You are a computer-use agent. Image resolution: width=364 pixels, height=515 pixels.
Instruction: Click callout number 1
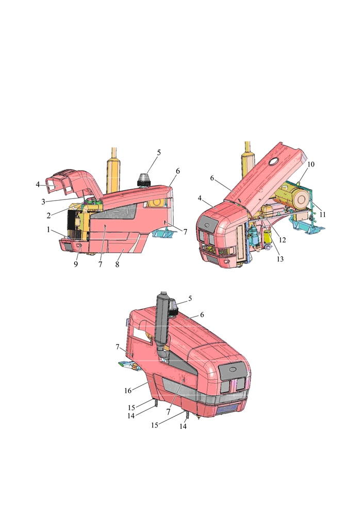[48, 229]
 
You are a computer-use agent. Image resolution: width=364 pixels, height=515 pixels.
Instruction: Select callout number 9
[76, 264]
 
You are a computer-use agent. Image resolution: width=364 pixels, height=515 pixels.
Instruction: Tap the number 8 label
[117, 264]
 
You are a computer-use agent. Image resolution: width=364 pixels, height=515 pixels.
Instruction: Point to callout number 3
[43, 202]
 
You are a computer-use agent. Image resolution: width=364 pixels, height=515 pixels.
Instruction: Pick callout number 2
[48, 216]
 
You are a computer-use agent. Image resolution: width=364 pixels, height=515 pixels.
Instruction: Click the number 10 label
[310, 164]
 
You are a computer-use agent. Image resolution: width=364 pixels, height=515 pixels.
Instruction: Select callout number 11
[323, 214]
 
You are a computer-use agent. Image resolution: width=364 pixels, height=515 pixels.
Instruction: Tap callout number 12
[282, 240]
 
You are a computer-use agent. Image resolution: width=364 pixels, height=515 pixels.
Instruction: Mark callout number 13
[280, 259]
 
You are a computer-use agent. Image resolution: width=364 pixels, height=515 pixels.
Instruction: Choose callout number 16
[128, 391]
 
